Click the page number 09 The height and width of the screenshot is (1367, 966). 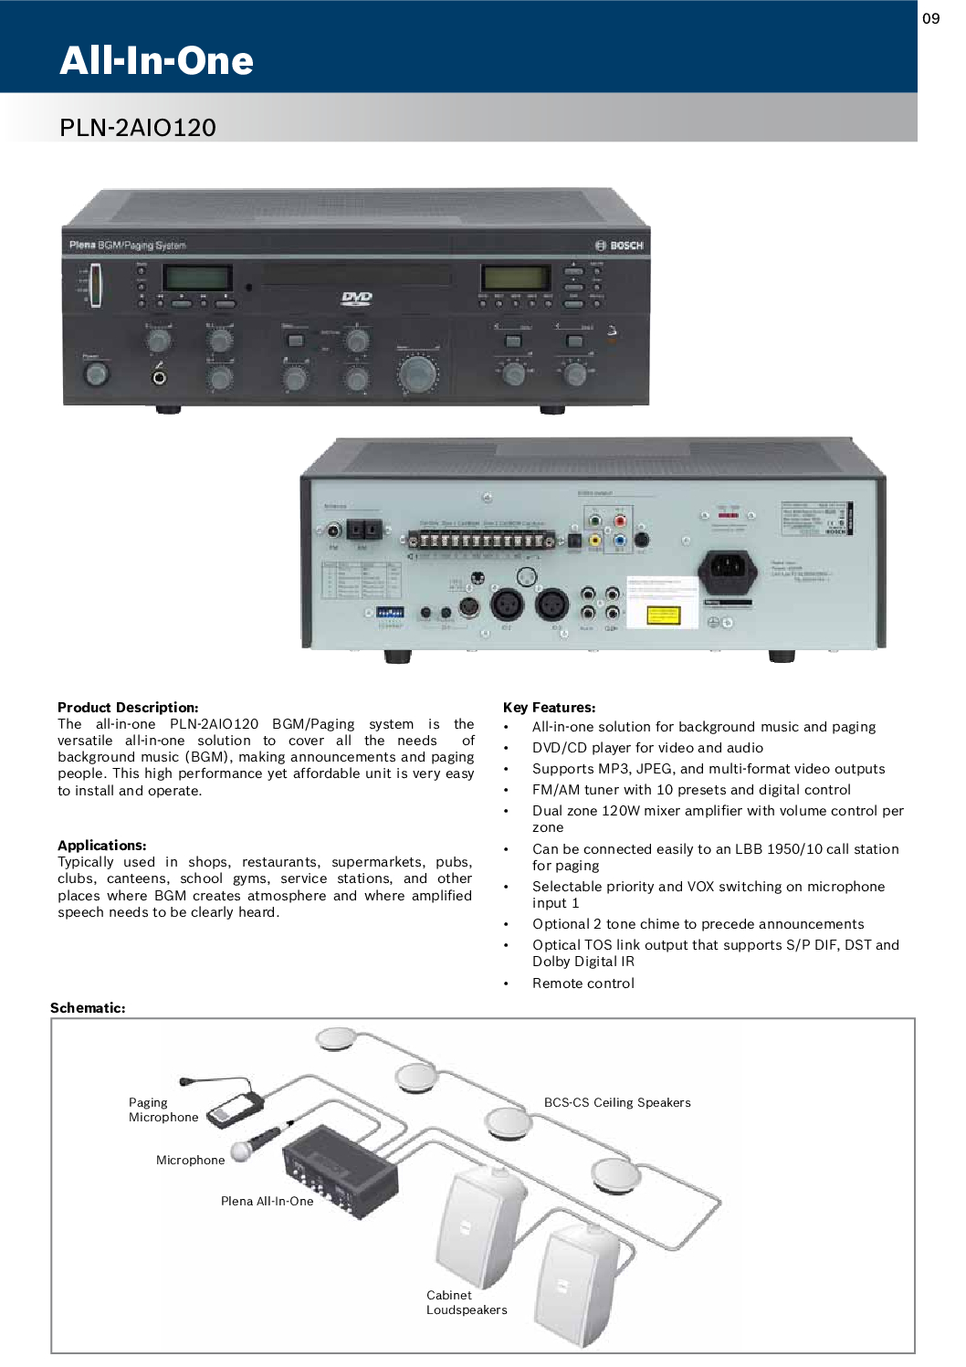pos(930,18)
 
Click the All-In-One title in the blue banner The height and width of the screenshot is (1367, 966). pos(156,60)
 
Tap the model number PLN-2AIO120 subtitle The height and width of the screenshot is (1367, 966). pos(138,127)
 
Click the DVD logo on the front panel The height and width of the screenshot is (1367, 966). pos(356,298)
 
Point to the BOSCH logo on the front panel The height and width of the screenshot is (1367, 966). pos(620,246)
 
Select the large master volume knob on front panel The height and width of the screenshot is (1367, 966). pos(418,373)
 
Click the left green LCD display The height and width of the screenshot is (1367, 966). pos(197,277)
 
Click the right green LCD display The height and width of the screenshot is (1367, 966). pos(516,277)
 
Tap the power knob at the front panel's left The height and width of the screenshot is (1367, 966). pos(95,373)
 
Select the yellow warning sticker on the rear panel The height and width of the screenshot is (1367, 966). pos(664,615)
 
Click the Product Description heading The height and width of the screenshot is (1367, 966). pos(128,708)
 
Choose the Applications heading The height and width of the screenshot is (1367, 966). pos(101,846)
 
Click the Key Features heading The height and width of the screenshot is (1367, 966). pos(549,708)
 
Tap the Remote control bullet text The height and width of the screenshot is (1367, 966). pos(583,983)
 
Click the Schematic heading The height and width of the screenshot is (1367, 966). pos(88,1008)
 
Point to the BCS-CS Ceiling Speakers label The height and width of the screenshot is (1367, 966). pos(617,1102)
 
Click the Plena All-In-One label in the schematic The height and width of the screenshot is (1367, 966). pos(267,1201)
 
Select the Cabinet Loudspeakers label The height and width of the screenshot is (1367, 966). pos(466,1302)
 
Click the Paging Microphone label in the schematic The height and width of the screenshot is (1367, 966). pos(163,1109)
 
